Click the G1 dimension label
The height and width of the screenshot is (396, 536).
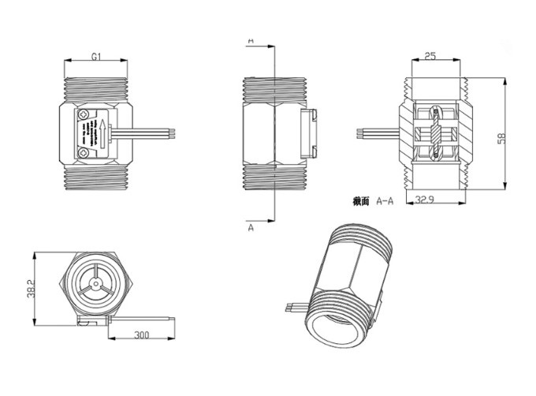click(x=96, y=57)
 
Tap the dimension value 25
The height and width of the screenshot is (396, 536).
click(x=430, y=56)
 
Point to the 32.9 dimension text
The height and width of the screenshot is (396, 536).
click(x=426, y=200)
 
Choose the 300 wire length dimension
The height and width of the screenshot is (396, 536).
click(x=140, y=336)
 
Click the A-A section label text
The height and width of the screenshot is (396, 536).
click(x=385, y=201)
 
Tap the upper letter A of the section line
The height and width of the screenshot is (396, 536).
click(x=251, y=39)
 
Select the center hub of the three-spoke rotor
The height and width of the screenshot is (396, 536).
click(x=93, y=286)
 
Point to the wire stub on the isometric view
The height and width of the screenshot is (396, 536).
click(x=294, y=306)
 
